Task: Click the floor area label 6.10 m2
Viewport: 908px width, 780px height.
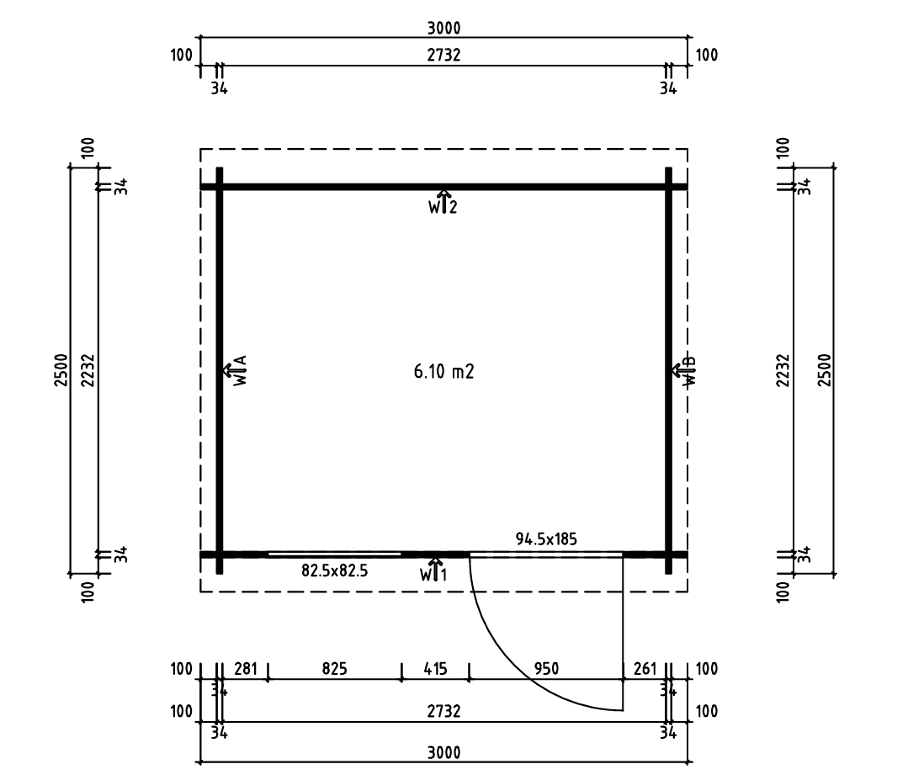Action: coord(443,371)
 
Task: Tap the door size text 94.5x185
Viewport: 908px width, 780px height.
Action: coord(546,539)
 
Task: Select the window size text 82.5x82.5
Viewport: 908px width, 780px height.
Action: coord(334,571)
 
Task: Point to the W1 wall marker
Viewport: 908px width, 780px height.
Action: coord(434,570)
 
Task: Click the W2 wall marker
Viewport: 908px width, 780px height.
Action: coord(443,202)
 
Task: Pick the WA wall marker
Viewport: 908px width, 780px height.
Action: coord(236,370)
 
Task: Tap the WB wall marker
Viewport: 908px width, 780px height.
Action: coord(684,370)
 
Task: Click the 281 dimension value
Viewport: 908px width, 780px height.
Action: coord(246,669)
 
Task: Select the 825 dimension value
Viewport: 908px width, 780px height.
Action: coord(334,669)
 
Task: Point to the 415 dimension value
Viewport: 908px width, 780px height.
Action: coord(435,669)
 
